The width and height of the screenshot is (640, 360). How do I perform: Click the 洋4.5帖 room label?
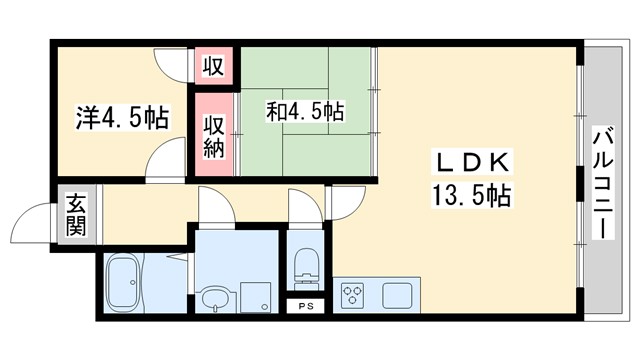[121, 119]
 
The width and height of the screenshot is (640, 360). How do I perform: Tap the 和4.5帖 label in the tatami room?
[304, 111]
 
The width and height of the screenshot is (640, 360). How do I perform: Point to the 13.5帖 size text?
[472, 195]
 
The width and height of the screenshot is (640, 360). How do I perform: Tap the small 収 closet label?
[213, 67]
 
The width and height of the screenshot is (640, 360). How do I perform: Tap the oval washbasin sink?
[212, 297]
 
